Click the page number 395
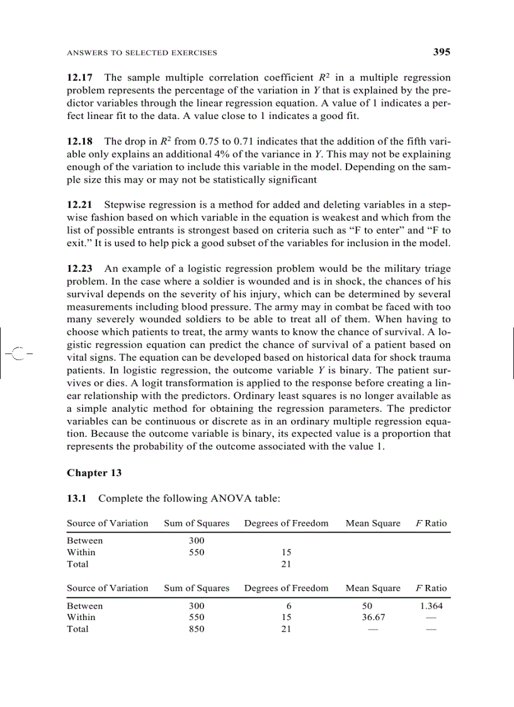point(442,52)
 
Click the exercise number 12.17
point(80,78)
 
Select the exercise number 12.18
point(80,142)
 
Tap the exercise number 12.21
point(80,205)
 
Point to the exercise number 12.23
point(80,269)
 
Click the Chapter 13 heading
point(94,473)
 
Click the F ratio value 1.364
point(431,606)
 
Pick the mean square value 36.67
point(373,618)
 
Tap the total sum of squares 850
point(197,629)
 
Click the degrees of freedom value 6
point(287,606)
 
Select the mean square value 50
point(373,606)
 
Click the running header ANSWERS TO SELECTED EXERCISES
point(142,53)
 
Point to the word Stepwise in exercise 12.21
point(123,205)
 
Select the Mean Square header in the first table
point(373,523)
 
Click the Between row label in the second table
point(85,606)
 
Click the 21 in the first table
point(287,564)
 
